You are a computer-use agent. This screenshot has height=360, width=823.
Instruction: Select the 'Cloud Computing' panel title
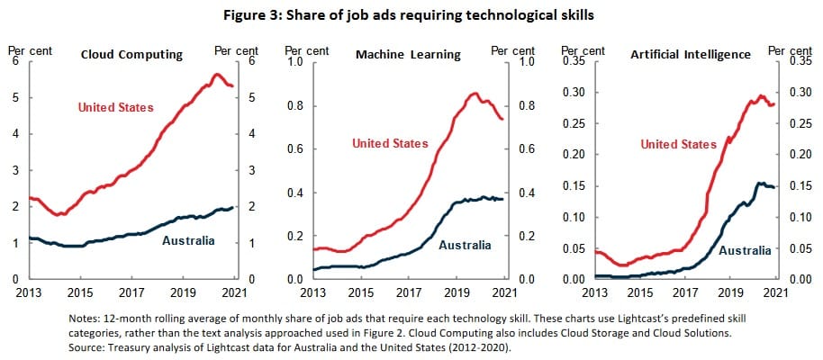pos(131,55)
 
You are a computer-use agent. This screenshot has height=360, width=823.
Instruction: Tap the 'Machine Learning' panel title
pos(408,55)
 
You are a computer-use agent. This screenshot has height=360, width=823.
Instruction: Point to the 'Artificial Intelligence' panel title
pos(692,55)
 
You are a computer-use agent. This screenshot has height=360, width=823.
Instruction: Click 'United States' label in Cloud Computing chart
pos(115,108)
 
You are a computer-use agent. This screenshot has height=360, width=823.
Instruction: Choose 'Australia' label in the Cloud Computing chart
pos(188,240)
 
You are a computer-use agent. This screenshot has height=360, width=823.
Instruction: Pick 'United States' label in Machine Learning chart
pos(390,143)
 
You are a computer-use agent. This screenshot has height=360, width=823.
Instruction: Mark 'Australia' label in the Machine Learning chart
pos(465,245)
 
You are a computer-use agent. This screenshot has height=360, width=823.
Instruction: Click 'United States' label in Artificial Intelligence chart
pos(678,144)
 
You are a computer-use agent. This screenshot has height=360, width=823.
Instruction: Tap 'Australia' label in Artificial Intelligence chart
pos(745,249)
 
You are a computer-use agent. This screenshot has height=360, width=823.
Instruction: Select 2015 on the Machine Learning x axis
pos(361,293)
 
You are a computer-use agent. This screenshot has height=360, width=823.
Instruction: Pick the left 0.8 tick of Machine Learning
pos(294,106)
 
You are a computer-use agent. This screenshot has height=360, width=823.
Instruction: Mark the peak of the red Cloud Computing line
pos(217,74)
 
